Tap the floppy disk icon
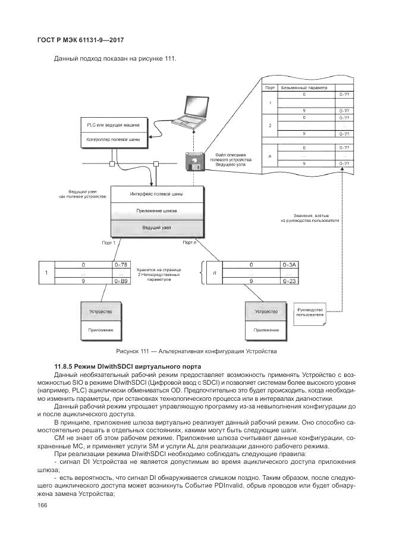point(194,161)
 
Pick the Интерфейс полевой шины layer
point(156,194)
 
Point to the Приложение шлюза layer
point(156,211)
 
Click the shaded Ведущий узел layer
point(156,227)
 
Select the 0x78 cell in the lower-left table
point(121,264)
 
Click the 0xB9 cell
point(121,280)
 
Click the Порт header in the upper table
point(270,87)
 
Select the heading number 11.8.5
point(64,365)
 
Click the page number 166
point(42,505)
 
